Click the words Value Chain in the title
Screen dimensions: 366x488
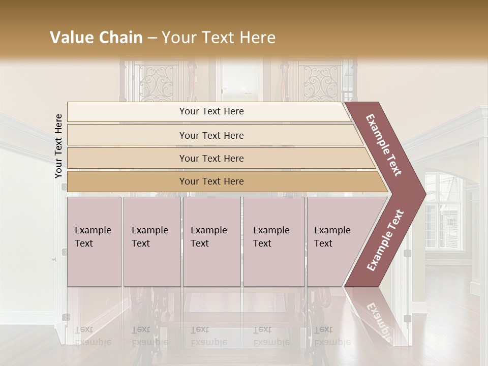coord(96,38)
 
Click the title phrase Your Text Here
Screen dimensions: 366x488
coord(219,38)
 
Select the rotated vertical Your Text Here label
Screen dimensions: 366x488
coord(58,146)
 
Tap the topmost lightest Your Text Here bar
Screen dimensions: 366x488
coord(211,111)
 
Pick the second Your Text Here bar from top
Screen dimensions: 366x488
coord(211,135)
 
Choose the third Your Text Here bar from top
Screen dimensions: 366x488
coord(211,158)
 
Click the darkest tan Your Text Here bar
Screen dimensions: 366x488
coord(211,181)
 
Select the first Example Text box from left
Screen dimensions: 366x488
coord(94,241)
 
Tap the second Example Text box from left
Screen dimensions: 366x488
coord(151,241)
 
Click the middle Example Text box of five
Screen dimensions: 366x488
coord(211,241)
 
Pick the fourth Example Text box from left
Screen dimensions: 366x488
coord(274,241)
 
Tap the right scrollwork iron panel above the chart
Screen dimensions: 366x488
coord(320,81)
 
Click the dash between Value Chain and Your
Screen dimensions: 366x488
coord(151,38)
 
